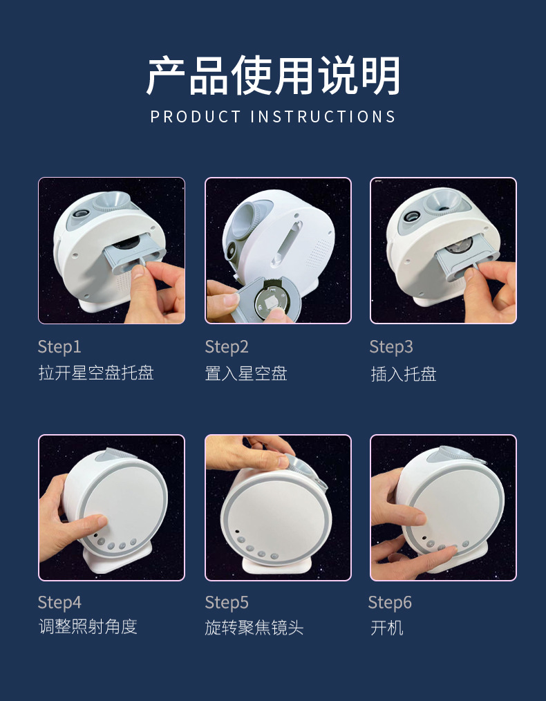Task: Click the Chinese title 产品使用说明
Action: point(273,75)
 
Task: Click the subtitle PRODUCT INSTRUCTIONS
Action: point(273,117)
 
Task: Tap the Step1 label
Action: point(59,347)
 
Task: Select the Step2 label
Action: point(227,347)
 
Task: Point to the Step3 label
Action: point(391,347)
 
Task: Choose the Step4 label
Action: point(59,603)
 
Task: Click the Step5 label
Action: point(227,603)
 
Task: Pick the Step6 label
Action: point(390,603)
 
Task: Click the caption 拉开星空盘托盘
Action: point(96,373)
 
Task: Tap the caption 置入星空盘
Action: point(246,373)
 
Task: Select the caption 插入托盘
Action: point(404,374)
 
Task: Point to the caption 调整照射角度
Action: point(88,627)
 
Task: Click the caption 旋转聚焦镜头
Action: point(254,628)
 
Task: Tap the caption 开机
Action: point(387,628)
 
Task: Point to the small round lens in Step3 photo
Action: point(411,217)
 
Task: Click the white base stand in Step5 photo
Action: point(276,565)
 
